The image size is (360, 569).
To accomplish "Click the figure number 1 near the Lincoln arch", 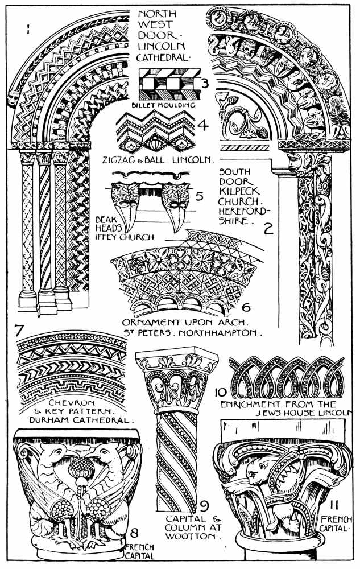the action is [x=27, y=28].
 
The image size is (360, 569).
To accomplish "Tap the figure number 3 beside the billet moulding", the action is [x=205, y=84].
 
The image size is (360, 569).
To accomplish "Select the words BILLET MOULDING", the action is [x=163, y=105].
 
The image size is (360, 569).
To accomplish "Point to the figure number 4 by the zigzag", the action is [x=203, y=125].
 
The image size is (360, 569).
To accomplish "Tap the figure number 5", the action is [x=200, y=196].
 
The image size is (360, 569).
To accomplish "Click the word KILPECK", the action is [x=239, y=191].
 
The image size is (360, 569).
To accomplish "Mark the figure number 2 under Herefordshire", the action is [x=268, y=229].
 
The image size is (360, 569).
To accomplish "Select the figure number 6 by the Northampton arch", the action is [x=246, y=307].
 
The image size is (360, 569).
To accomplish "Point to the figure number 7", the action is [x=19, y=330].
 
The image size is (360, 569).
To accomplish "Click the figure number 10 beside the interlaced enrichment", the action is [x=221, y=393].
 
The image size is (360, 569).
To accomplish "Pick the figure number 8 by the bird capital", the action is [x=134, y=533].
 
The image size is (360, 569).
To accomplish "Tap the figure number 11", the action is [x=334, y=505].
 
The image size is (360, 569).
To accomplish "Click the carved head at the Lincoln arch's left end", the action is [x=14, y=97].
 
